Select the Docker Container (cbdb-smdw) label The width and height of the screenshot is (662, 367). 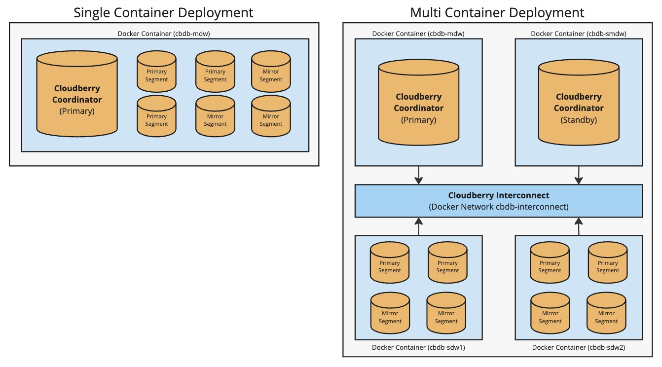point(579,34)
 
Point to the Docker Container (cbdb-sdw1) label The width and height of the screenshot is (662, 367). point(418,347)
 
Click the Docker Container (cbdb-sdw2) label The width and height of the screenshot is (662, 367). point(579,347)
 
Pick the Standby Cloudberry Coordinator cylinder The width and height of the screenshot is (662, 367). point(578,104)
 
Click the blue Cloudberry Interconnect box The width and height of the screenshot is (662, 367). point(498,201)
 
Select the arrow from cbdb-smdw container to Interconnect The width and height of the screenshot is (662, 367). point(579,175)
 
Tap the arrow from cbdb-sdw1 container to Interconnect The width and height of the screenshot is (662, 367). point(419,226)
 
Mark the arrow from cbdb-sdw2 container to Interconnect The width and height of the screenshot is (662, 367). point(579,226)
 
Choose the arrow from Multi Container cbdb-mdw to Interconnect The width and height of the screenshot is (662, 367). point(419,175)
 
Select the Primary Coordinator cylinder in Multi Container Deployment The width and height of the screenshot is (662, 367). point(418,104)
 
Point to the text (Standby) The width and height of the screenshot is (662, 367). point(578,119)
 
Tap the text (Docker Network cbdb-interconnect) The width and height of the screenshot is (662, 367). point(498,207)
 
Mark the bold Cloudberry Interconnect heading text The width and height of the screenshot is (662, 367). point(498,195)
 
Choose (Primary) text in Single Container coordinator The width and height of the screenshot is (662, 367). point(77,111)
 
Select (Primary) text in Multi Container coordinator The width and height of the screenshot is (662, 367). point(418,119)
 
